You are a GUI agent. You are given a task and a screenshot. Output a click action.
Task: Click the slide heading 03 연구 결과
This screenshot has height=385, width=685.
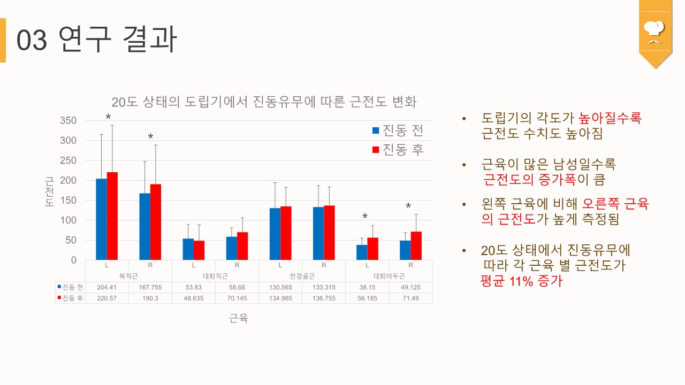[x=96, y=40]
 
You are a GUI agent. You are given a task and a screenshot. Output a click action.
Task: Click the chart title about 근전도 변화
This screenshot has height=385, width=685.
[x=263, y=102]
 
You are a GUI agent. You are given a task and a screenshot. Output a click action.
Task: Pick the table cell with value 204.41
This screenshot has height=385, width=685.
[x=106, y=288]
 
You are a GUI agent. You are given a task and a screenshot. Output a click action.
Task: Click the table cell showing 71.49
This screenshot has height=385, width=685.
[x=410, y=298]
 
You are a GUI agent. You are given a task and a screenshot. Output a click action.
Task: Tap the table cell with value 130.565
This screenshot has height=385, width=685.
[x=280, y=288]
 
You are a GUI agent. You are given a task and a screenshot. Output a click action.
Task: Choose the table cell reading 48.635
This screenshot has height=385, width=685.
[x=193, y=298]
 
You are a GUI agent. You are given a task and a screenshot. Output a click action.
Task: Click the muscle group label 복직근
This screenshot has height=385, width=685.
[x=128, y=276]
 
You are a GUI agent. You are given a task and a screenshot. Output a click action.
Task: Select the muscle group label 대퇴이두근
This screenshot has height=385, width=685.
[x=389, y=276]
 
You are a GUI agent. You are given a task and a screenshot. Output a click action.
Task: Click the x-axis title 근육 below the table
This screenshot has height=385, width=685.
[x=239, y=319]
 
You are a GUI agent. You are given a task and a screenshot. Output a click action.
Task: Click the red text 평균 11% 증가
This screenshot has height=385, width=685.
[x=521, y=281]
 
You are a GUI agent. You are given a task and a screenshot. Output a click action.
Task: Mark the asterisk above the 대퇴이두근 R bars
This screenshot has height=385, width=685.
[x=408, y=207]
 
